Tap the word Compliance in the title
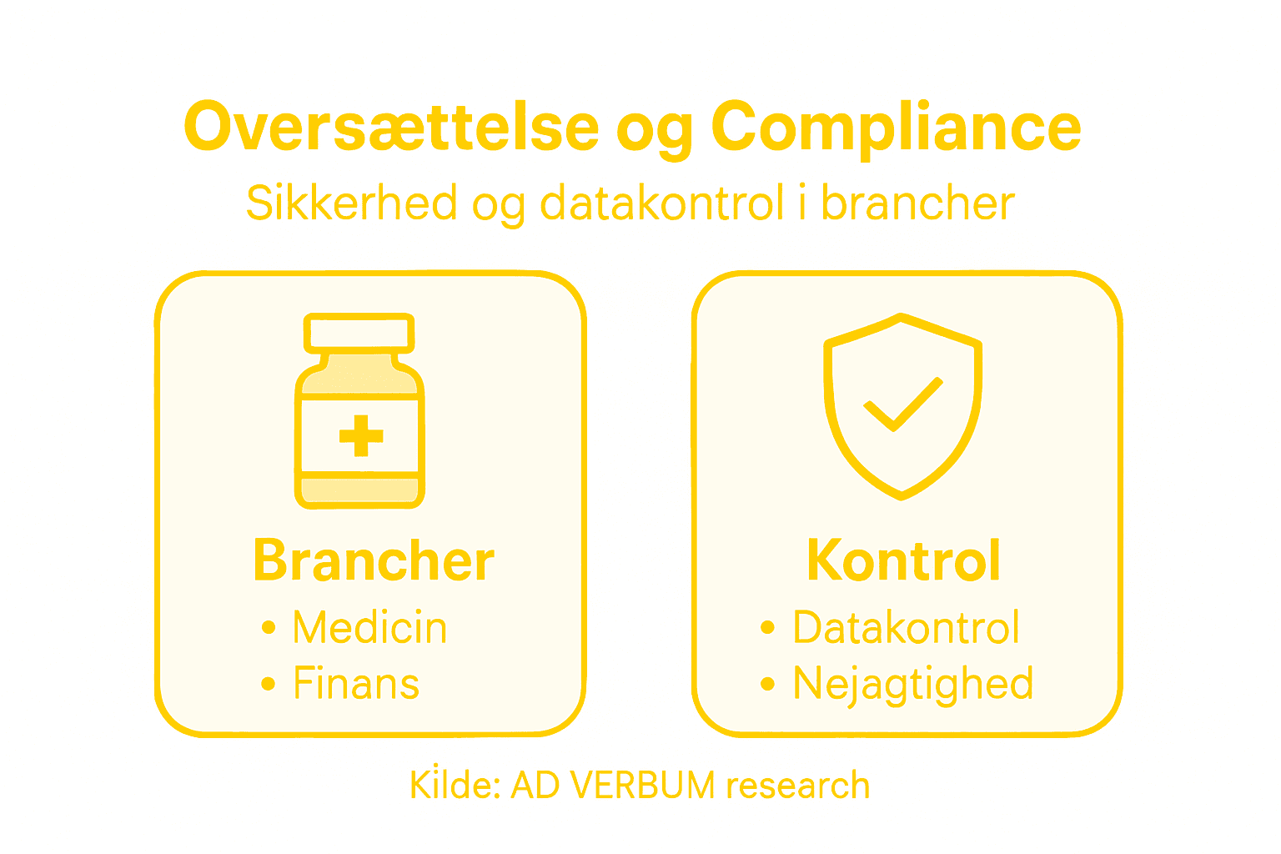(x=896, y=128)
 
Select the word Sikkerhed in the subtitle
(x=352, y=203)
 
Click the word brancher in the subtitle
(x=917, y=203)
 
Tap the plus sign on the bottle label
(x=361, y=435)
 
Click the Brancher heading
(x=374, y=560)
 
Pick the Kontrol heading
(x=903, y=560)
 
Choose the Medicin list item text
(x=369, y=628)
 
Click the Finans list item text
(x=356, y=685)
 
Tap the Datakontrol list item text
(x=906, y=628)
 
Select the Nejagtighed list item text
(x=913, y=685)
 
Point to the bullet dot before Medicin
(x=268, y=628)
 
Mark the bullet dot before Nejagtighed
(x=767, y=685)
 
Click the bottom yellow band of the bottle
(x=359, y=490)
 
